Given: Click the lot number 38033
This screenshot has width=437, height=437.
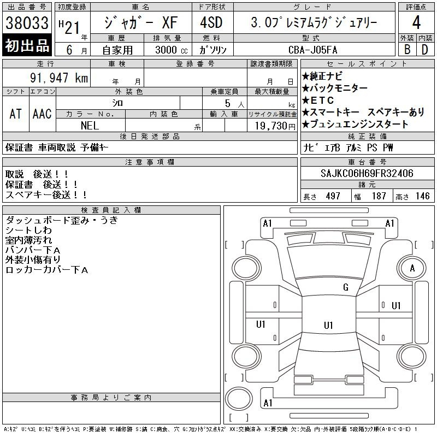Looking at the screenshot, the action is pyautogui.click(x=27, y=22).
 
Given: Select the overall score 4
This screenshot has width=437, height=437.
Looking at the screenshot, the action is pyautogui.click(x=416, y=22).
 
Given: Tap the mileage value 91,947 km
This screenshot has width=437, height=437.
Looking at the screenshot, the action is pyautogui.click(x=59, y=78).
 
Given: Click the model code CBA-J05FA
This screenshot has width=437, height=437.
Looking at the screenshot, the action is pyautogui.click(x=312, y=50).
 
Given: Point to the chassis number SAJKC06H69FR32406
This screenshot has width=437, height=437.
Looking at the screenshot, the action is pyautogui.click(x=367, y=173).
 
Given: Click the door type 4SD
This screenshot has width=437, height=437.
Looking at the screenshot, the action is pyautogui.click(x=211, y=22).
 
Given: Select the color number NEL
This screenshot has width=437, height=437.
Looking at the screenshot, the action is pyautogui.click(x=90, y=126).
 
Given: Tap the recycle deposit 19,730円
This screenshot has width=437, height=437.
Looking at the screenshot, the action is pyautogui.click(x=275, y=126).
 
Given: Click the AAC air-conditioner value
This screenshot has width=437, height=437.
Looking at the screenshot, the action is pyautogui.click(x=42, y=114).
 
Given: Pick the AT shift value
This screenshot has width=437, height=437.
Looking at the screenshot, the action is pyautogui.click(x=15, y=114).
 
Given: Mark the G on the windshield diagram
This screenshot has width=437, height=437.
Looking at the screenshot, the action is pyautogui.click(x=346, y=287).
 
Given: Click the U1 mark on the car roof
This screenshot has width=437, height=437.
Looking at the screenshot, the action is pyautogui.click(x=328, y=325).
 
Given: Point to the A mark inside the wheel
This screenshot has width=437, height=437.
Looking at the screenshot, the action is pyautogui.click(x=412, y=268).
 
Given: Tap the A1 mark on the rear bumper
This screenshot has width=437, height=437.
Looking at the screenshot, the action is pyautogui.click(x=268, y=403).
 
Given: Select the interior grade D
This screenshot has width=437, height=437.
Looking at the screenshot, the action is pyautogui.click(x=425, y=50).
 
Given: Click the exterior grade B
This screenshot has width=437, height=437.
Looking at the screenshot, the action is pyautogui.click(x=407, y=50).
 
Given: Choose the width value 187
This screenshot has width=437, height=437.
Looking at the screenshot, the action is pyautogui.click(x=379, y=196).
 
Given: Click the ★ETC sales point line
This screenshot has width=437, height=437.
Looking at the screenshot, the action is pyautogui.click(x=318, y=100).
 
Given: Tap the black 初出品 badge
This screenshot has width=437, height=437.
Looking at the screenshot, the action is pyautogui.click(x=27, y=45).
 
